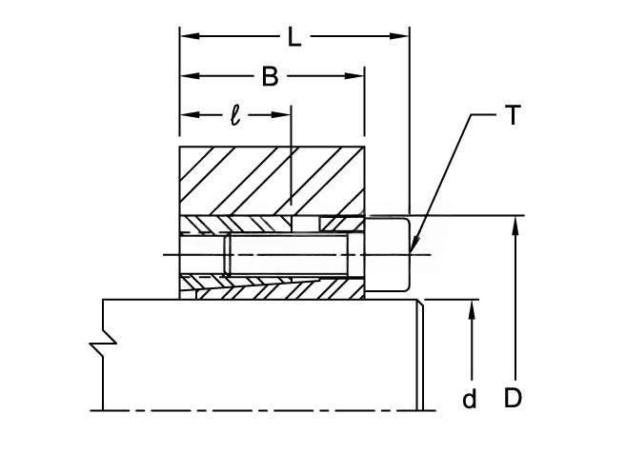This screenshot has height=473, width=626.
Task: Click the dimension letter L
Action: click(x=294, y=37)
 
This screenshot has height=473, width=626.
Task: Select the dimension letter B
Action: click(x=270, y=76)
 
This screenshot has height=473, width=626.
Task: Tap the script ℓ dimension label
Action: click(x=236, y=116)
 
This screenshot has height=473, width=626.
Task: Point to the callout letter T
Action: click(x=513, y=115)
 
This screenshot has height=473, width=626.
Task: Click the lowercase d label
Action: click(x=470, y=399)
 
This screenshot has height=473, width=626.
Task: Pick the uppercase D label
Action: click(x=513, y=398)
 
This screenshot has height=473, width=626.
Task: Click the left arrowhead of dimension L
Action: click(x=190, y=36)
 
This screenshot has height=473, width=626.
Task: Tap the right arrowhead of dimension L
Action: click(x=399, y=36)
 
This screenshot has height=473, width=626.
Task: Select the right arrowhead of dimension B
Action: click(x=354, y=76)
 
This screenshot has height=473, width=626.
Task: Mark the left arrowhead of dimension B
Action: click(x=190, y=76)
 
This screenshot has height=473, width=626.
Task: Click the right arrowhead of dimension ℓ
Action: click(x=281, y=115)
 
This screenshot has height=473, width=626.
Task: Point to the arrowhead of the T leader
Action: click(x=414, y=244)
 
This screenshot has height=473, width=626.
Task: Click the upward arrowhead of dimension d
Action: click(x=472, y=309)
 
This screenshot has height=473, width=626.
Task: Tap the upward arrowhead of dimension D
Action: click(x=515, y=226)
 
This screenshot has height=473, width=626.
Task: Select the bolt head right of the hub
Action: click(x=387, y=254)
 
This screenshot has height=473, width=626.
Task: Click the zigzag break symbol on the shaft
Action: click(x=103, y=343)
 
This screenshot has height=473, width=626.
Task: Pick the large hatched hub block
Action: click(x=272, y=181)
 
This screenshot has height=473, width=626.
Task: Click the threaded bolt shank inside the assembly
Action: click(x=286, y=255)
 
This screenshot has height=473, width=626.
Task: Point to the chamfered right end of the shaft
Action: click(x=420, y=355)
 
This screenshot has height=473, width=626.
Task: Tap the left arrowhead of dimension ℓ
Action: click(x=190, y=115)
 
